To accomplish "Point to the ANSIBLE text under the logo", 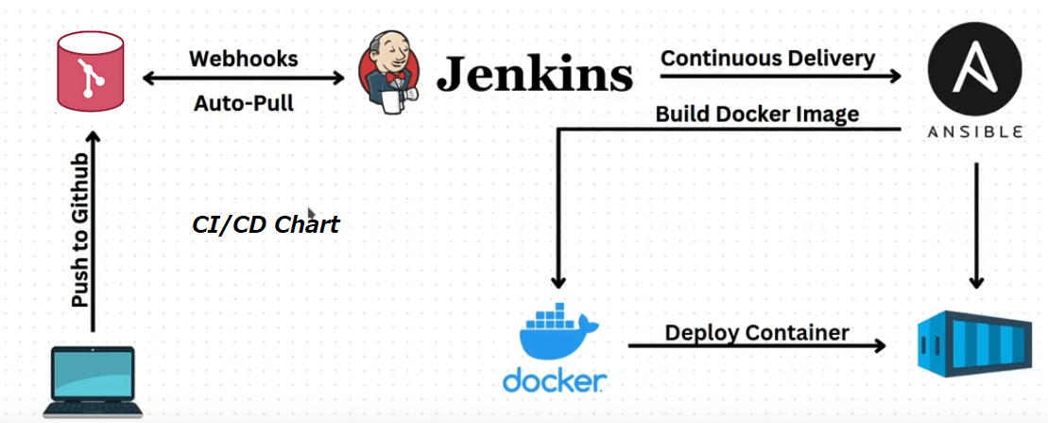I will (975, 133).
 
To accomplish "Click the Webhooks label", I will (244, 59).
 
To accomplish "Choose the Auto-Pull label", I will (244, 103).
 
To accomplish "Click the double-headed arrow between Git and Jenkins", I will (244, 80).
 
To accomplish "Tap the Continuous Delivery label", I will (767, 58).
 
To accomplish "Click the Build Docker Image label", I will (757, 115).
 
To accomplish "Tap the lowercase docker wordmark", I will (554, 381).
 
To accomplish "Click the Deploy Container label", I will (757, 332).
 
